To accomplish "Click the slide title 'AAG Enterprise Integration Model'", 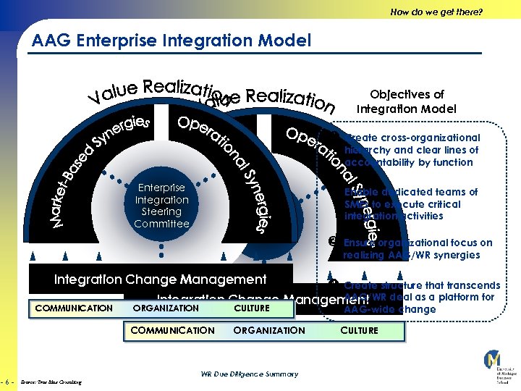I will (171, 41).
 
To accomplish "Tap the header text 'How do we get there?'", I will (436, 12).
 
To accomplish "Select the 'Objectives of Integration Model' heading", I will (407, 101).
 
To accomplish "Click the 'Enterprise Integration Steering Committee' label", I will (161, 206).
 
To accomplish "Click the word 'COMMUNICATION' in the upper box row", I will (74, 308).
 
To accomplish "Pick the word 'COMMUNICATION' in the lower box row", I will (172, 330).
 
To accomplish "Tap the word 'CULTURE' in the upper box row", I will (252, 308).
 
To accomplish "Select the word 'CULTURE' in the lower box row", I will (360, 330).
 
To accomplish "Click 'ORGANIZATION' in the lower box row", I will (269, 330).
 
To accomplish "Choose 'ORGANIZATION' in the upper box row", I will (166, 308).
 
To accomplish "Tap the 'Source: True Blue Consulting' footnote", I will (51, 382).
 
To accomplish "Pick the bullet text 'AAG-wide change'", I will (389, 309).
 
